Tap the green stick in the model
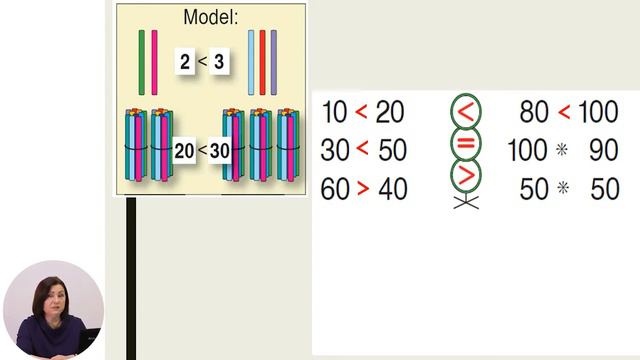coord(142,62)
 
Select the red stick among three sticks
coord(262,62)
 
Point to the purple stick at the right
coord(273,62)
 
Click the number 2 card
coord(185,62)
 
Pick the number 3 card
coord(219,62)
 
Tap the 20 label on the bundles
coord(184,151)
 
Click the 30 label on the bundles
coord(220,151)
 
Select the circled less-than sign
coord(466,111)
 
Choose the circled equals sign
coord(466,143)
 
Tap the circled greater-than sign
coord(466,176)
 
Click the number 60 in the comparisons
coord(335,189)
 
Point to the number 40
coord(393,189)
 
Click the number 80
coord(534,112)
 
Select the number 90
coord(604,150)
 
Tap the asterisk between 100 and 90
coord(562,150)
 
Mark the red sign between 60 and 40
coord(363,189)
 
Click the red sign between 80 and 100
coord(564,111)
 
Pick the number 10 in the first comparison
coord(335,112)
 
